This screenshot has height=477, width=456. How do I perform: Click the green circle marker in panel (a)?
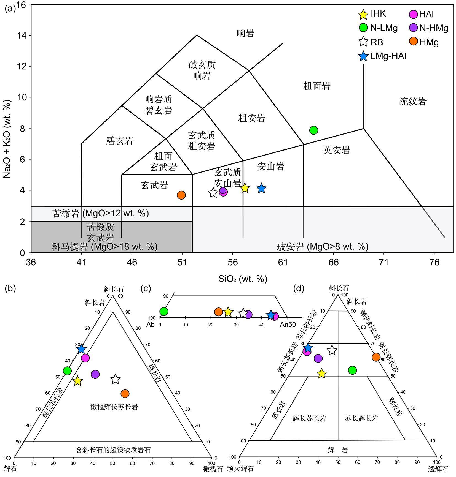pos(313,130)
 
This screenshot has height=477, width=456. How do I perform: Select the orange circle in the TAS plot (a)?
pos(181,195)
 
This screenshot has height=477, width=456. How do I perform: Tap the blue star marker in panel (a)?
pos(261,189)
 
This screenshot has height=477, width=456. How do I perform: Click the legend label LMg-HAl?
pos(388,56)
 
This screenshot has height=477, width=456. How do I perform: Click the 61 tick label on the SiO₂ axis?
pos(283,262)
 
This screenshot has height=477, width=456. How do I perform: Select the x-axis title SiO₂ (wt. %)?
pos(243,279)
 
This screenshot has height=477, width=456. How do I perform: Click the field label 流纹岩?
pos(413,102)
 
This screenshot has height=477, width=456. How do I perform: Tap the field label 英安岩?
pos(337,150)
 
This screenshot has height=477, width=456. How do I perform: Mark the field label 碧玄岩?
pos(120,141)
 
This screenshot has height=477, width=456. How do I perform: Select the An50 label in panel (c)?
pos(288,325)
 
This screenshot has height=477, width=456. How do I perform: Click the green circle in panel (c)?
pos(164,311)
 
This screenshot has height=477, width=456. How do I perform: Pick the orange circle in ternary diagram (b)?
pos(125,394)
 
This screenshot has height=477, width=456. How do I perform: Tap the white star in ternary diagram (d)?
pos(332,350)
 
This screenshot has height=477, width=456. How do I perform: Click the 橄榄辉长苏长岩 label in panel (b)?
pos(114,407)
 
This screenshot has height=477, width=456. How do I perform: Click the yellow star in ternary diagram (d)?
pos(322,374)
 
